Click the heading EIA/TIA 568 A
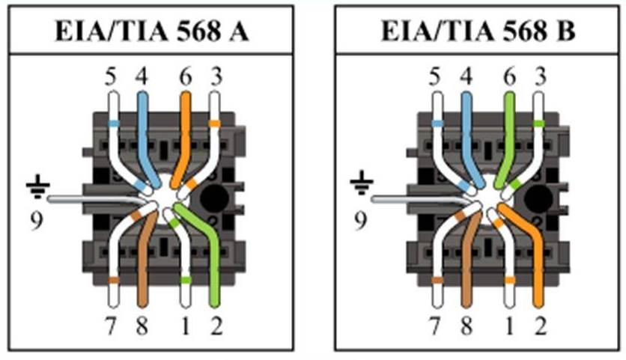click(x=152, y=31)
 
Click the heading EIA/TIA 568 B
click(x=478, y=31)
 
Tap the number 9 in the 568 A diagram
click(x=37, y=221)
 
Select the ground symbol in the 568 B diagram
click(x=362, y=183)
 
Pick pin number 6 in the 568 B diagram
click(x=509, y=76)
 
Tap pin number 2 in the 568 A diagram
click(x=216, y=326)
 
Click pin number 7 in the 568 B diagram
click(x=435, y=326)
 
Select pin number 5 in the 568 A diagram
click(x=111, y=76)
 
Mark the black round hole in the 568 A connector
click(x=214, y=198)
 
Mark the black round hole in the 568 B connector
click(x=538, y=198)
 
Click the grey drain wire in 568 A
click(x=96, y=199)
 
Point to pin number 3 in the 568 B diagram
click(x=540, y=76)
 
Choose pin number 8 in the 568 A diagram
click(x=142, y=326)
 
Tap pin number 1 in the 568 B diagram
click(x=509, y=326)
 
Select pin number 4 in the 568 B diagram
click(x=466, y=76)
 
